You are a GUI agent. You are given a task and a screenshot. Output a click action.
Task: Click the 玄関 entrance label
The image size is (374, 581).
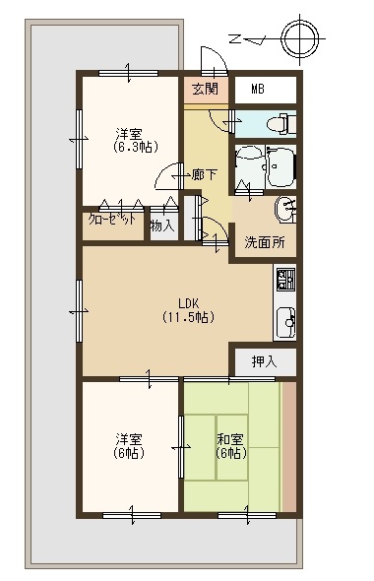(206, 89)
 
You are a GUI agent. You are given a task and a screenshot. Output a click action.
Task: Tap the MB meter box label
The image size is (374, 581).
(258, 89)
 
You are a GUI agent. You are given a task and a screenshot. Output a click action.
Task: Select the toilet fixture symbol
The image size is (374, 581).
(282, 123)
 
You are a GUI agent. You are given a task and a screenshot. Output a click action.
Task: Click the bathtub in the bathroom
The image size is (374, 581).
(280, 166)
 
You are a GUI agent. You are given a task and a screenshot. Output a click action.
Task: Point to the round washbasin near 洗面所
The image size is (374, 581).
(284, 210)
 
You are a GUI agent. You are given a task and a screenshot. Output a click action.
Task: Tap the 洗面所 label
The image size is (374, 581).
(265, 242)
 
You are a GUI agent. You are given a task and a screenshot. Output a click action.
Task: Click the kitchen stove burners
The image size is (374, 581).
(285, 280)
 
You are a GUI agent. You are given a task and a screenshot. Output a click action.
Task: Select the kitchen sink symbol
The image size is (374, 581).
(285, 322)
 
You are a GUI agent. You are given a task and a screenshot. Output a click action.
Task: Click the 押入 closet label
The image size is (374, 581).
(265, 361)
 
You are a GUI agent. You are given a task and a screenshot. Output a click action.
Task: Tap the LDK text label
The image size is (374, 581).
(189, 304)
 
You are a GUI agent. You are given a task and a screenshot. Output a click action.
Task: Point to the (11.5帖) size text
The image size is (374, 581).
(188, 317)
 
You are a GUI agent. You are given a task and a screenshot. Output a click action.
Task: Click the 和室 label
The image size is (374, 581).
(230, 439)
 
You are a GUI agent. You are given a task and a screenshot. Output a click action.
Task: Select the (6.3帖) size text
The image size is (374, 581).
(136, 147)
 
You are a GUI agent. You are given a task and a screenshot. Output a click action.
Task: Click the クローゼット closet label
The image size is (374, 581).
(112, 220)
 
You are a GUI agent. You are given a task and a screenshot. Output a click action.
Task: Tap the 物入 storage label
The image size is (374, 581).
(162, 226)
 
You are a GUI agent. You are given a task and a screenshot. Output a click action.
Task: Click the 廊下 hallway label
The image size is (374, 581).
(205, 174)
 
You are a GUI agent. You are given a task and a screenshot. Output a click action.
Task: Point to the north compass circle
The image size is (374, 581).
(299, 38)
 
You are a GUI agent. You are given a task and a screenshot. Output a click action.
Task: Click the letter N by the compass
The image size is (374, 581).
(235, 38)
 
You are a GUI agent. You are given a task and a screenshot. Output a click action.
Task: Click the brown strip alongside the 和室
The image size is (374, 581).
(289, 447)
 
